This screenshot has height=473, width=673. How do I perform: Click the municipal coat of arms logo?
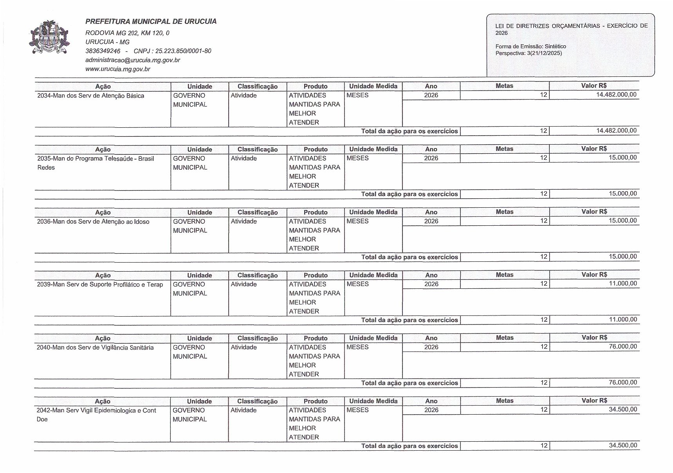tap(49, 37)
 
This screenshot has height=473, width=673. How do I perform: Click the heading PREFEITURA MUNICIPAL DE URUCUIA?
tap(151, 22)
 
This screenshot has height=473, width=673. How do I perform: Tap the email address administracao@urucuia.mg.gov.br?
tap(133, 60)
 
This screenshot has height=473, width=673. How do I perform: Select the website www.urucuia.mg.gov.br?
tap(117, 69)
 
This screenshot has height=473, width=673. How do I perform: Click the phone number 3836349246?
tap(103, 51)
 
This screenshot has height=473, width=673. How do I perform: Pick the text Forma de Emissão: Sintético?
tap(530, 46)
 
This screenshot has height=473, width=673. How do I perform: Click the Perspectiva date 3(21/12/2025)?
tap(545, 53)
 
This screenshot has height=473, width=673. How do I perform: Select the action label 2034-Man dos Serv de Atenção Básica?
tap(90, 96)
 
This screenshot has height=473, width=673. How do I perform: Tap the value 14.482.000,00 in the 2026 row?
tap(616, 95)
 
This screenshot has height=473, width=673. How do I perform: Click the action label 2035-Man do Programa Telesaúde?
tap(95, 159)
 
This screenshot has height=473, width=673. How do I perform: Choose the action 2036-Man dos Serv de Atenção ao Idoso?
tap(93, 222)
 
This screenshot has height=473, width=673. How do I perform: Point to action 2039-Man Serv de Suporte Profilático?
tap(100, 285)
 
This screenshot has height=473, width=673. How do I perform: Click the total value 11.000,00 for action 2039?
tap(623, 319)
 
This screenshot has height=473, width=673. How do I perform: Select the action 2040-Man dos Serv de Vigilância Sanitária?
tap(95, 348)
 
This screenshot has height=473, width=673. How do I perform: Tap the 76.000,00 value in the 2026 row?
tap(623, 346)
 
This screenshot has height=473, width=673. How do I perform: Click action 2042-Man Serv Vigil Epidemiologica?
tap(96, 411)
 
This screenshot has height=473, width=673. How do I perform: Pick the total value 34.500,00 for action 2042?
tap(623, 445)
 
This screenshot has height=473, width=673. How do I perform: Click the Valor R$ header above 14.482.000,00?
tap(594, 86)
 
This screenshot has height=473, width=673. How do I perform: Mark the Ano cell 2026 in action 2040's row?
tap(431, 347)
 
